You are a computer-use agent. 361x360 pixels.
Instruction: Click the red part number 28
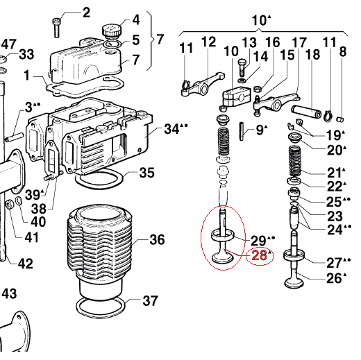[x=260, y=255]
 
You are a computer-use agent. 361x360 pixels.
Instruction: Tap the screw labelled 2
[x=56, y=28]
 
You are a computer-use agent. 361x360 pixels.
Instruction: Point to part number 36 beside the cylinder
[x=157, y=239]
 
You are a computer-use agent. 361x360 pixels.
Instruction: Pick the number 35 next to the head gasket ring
[x=146, y=173]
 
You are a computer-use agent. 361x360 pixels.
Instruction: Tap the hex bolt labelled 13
[x=241, y=68]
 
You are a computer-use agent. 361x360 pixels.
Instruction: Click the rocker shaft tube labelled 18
[x=306, y=112]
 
